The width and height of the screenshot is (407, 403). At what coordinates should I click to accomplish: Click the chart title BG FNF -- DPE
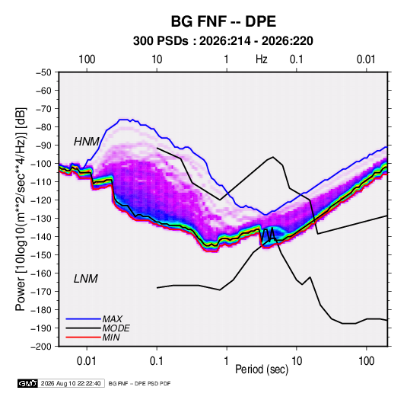coord(223,21)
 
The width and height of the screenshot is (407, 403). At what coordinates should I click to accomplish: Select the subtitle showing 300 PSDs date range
coord(223,41)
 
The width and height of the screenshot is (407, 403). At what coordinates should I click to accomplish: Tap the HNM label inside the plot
coord(87,142)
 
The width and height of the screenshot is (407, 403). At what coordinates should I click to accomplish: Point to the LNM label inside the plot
coord(86,279)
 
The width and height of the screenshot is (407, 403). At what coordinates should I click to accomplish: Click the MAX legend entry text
coord(112,318)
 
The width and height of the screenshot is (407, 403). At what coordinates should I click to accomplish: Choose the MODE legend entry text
coord(116,328)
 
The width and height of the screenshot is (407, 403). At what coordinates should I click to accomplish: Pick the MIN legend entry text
coord(111,337)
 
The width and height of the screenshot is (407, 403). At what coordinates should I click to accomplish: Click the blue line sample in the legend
coord(83,319)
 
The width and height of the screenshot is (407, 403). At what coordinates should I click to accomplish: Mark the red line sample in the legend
coord(83,337)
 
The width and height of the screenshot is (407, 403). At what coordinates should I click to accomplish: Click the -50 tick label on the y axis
coord(43,72)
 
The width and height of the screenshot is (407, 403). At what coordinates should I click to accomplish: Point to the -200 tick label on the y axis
coord(42,347)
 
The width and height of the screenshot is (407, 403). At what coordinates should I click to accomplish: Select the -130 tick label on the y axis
coord(42,219)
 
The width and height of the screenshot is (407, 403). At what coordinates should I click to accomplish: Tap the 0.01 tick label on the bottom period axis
coord(87,361)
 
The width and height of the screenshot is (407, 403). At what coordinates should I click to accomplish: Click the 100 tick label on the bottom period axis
coord(366,361)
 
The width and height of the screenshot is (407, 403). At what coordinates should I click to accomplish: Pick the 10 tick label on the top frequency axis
coord(157,59)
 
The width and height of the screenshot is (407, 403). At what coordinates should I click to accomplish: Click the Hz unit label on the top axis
coord(262,59)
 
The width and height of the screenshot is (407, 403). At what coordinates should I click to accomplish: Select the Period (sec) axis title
coord(262,369)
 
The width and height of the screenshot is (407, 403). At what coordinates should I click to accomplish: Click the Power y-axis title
coord(21,209)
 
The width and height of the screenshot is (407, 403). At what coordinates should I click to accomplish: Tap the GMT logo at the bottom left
coord(27,383)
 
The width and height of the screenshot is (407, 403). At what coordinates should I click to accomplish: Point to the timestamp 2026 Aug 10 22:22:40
coord(71,383)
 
